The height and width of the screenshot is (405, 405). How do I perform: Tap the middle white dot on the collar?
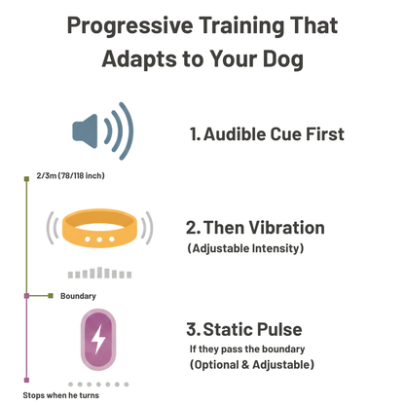point(98,239)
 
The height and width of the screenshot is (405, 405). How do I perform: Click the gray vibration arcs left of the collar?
point(50,228)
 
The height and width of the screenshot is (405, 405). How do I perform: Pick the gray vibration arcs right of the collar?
point(147,228)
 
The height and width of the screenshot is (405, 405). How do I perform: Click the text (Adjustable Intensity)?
point(244,249)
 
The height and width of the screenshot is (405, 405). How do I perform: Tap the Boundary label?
point(78,295)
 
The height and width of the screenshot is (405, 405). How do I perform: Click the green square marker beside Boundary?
point(50,295)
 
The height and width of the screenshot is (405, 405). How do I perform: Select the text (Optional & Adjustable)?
point(252,365)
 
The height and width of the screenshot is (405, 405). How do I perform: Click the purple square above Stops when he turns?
point(26,381)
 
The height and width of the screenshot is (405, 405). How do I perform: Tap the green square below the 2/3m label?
point(26,179)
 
